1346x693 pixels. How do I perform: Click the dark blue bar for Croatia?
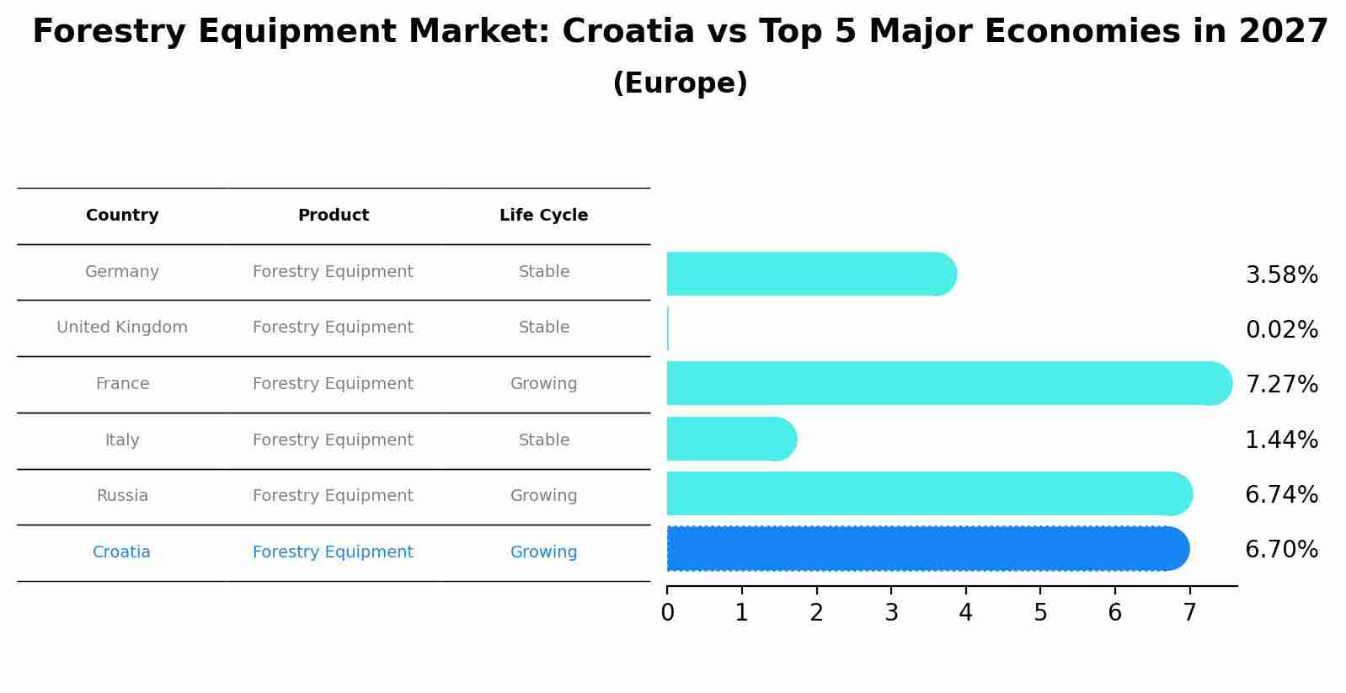927,549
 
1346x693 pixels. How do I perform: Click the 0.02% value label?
1281,330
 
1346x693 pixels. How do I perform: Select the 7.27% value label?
1281,385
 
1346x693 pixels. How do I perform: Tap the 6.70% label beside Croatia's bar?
1281,550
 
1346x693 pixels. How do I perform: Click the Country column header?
122,216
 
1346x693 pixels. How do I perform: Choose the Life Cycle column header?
543,216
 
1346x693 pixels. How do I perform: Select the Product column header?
333,216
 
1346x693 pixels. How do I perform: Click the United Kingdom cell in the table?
122,328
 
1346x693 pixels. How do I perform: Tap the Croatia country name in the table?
121,552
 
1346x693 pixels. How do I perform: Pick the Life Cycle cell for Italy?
543,440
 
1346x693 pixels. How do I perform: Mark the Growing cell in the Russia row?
543,496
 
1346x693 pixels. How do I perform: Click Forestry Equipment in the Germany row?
333,272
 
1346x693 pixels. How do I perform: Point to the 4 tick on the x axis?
965,613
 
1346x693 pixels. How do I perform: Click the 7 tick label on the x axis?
1189,613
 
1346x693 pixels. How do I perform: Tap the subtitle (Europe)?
680,83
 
